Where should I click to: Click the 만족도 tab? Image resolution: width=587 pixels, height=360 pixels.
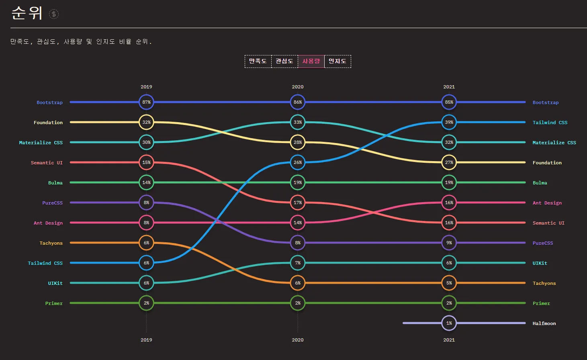coord(258,61)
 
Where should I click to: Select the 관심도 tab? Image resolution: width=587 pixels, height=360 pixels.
coord(284,61)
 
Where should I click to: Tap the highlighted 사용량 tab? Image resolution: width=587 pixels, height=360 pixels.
coord(311,61)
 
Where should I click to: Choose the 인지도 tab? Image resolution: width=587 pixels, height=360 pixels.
coord(337,61)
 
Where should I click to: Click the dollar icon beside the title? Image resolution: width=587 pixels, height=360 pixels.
coord(54,14)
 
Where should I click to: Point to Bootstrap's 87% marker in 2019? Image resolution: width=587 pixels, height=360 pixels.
coord(146,102)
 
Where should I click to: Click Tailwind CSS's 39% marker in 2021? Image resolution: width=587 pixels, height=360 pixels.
coord(449,122)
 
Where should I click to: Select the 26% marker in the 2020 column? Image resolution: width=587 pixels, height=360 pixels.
coord(298,162)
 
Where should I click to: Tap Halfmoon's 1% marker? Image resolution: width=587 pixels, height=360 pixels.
coord(449,323)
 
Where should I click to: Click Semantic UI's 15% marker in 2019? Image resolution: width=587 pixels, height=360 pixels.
coord(146,162)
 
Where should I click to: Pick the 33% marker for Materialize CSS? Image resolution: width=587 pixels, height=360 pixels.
coord(298,122)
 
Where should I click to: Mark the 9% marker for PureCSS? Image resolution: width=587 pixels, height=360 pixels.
coord(449,243)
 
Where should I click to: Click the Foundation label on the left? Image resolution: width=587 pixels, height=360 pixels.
coord(48,123)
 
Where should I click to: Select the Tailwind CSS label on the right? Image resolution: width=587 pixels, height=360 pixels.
coord(550,123)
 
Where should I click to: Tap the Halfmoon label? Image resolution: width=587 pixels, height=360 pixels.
coord(544,323)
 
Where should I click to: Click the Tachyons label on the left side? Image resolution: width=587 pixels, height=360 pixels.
coord(51,243)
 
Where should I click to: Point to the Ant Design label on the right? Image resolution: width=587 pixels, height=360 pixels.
coord(547,203)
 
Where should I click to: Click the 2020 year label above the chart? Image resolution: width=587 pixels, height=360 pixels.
coord(298,87)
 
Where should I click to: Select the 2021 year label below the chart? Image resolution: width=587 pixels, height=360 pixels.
coord(449,340)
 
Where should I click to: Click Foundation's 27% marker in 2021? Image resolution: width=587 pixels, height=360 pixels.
coord(449,162)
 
